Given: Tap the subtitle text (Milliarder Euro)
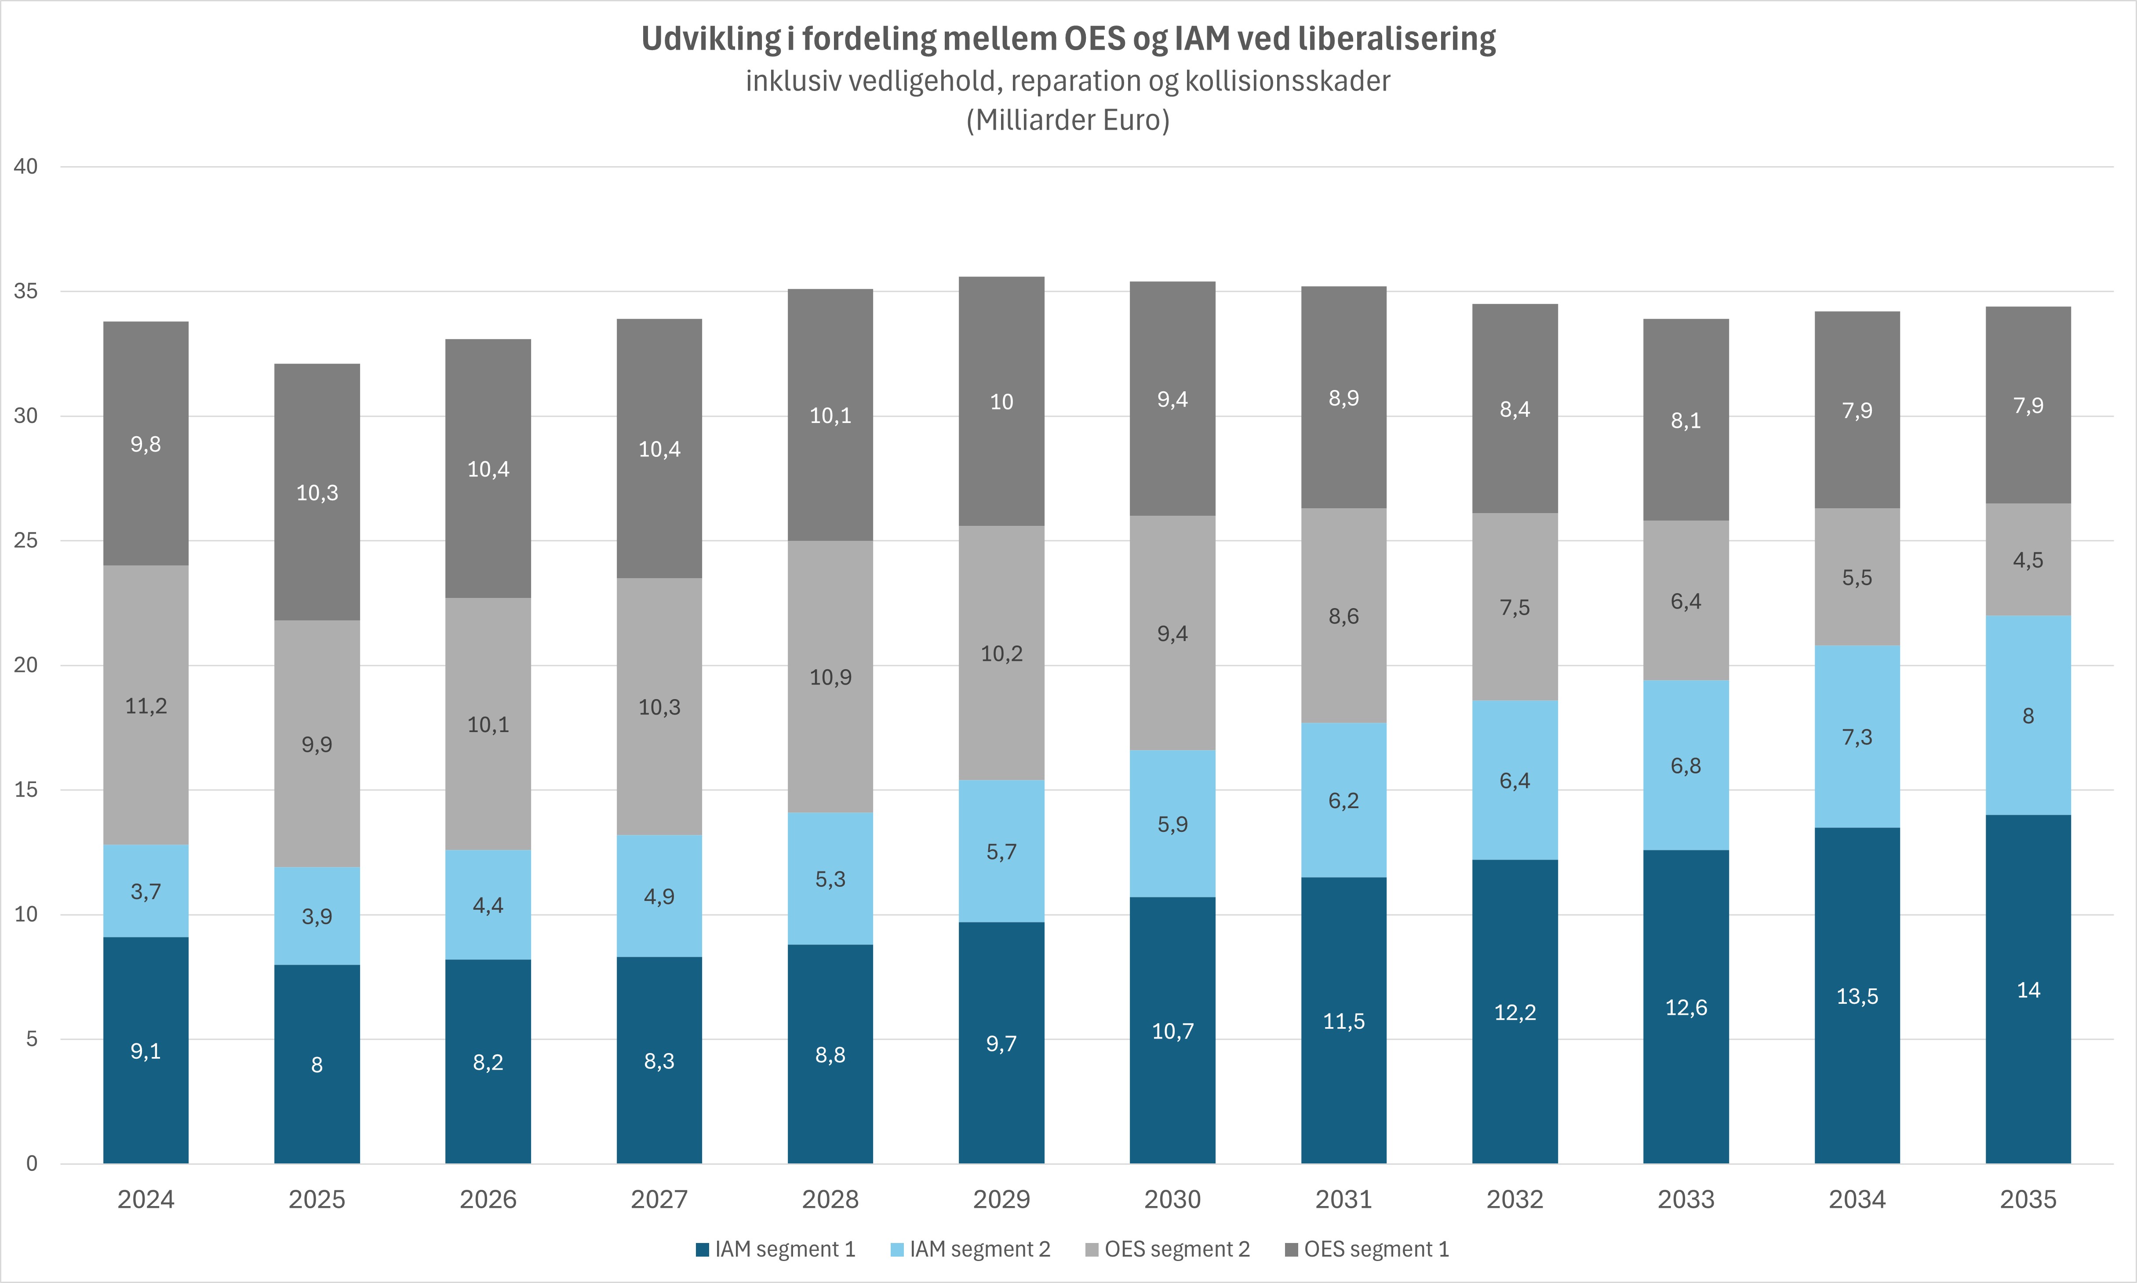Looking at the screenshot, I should [1068, 120].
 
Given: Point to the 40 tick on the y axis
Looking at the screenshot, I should [26, 167].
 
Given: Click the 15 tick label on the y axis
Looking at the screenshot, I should [26, 789].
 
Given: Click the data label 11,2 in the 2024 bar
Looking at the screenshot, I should [146, 706].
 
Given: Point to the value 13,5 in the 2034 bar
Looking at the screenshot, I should [1857, 997].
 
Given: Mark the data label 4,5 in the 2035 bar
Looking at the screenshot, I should [2028, 560].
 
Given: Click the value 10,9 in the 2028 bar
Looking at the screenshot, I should [830, 678].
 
